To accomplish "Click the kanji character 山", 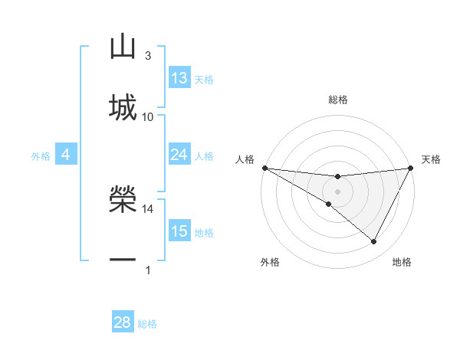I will (x=123, y=47).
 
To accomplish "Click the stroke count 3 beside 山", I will (x=148, y=56).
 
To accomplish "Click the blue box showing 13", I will (x=179, y=78).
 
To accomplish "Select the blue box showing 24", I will (x=179, y=155).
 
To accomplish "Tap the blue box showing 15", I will (x=179, y=231).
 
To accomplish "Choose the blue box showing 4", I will (x=66, y=155).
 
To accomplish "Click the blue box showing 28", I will (x=123, y=322).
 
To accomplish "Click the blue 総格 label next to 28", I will (x=147, y=324).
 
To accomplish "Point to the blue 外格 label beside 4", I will (x=41, y=156).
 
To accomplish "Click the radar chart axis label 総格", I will (x=337, y=100).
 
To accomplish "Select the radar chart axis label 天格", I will (x=431, y=159).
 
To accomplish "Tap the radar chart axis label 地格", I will (x=402, y=262).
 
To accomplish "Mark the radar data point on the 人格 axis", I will (x=264, y=168).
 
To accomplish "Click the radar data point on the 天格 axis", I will (x=410, y=168).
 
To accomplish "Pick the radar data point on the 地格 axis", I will (x=374, y=242).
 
